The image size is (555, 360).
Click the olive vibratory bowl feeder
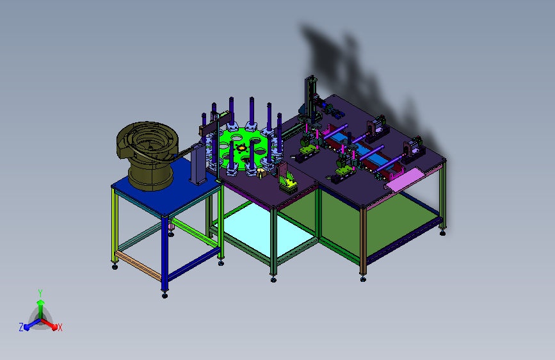click(x=147, y=154)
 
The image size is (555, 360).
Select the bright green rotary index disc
click(x=243, y=149)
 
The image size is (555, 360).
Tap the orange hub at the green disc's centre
click(x=242, y=148)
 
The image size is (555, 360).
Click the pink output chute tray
click(x=404, y=179)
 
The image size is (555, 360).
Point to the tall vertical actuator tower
click(x=310, y=97)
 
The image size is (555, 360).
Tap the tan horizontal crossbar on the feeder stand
click(x=138, y=265)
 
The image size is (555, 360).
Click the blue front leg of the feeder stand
click(x=165, y=253)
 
